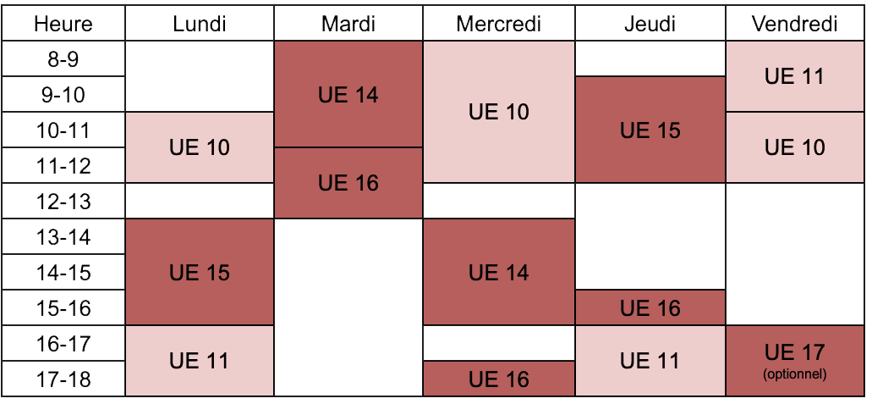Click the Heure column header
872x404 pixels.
[x=63, y=24]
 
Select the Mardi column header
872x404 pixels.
[x=348, y=24]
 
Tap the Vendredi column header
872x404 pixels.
[x=794, y=24]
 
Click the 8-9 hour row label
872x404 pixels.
[x=63, y=58]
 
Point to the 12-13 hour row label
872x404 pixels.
[x=63, y=202]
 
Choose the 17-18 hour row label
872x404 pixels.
[x=63, y=379]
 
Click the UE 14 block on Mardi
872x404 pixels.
[x=348, y=94]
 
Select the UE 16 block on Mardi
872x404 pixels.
[x=348, y=183]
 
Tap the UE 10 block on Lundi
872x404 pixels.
[x=200, y=147]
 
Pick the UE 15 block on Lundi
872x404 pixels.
[x=200, y=272]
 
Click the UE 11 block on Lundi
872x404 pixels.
[x=200, y=361]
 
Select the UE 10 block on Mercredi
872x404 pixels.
[x=499, y=112]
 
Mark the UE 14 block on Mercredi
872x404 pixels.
[x=499, y=272]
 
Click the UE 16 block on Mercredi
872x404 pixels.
[x=499, y=379]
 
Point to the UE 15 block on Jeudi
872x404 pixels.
[x=650, y=130]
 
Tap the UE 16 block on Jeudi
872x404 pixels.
[x=650, y=307]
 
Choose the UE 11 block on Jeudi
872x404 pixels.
[x=650, y=361]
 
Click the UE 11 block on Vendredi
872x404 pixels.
[x=794, y=76]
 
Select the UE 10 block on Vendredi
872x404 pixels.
[x=794, y=147]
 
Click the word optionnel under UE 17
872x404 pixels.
[x=795, y=374]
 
